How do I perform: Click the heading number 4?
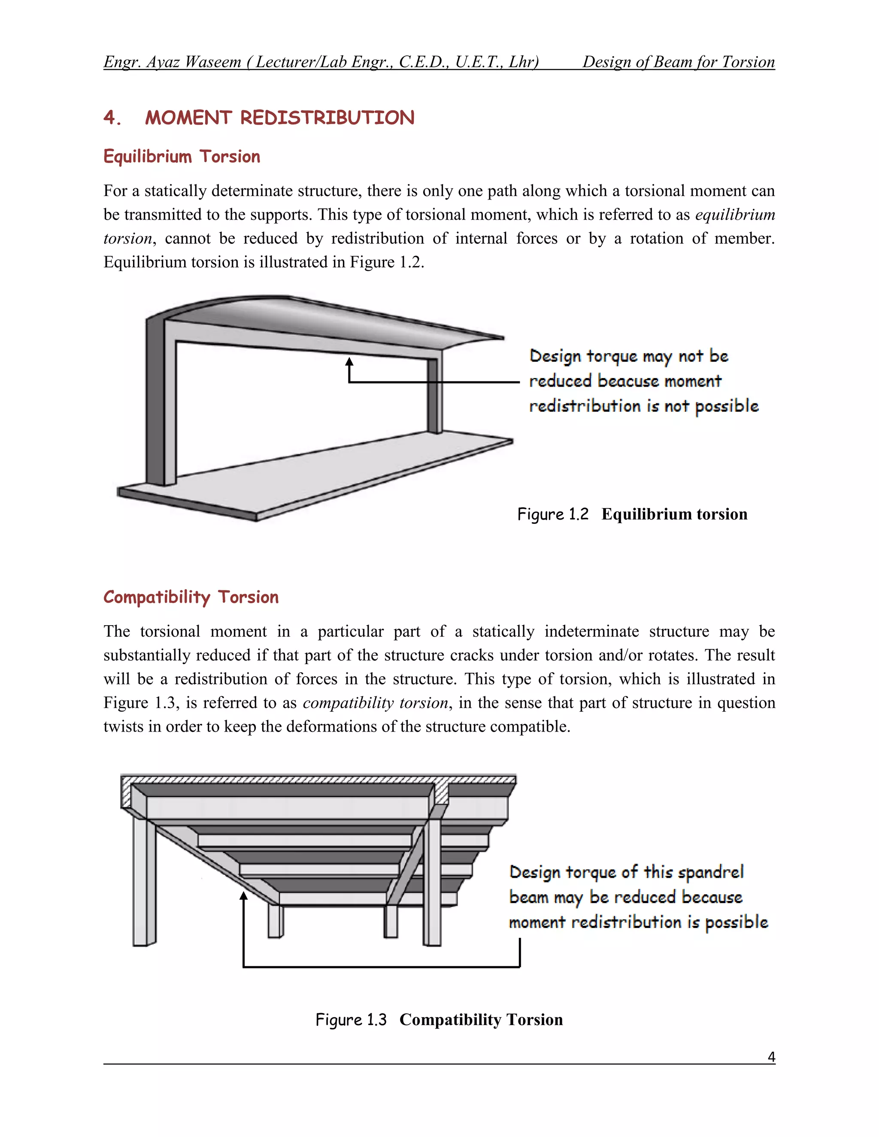112,118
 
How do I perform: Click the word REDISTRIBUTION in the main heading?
327,118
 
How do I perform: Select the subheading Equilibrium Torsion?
182,157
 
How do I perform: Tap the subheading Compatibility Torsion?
191,597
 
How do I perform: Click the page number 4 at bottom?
771,1057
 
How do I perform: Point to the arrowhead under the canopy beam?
349,361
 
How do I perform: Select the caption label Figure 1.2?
552,514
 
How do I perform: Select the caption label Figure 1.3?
351,1019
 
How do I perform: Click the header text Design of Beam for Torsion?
678,62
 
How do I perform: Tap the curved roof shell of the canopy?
312,318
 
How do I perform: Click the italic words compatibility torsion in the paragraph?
375,703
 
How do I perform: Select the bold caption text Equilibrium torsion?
674,514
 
